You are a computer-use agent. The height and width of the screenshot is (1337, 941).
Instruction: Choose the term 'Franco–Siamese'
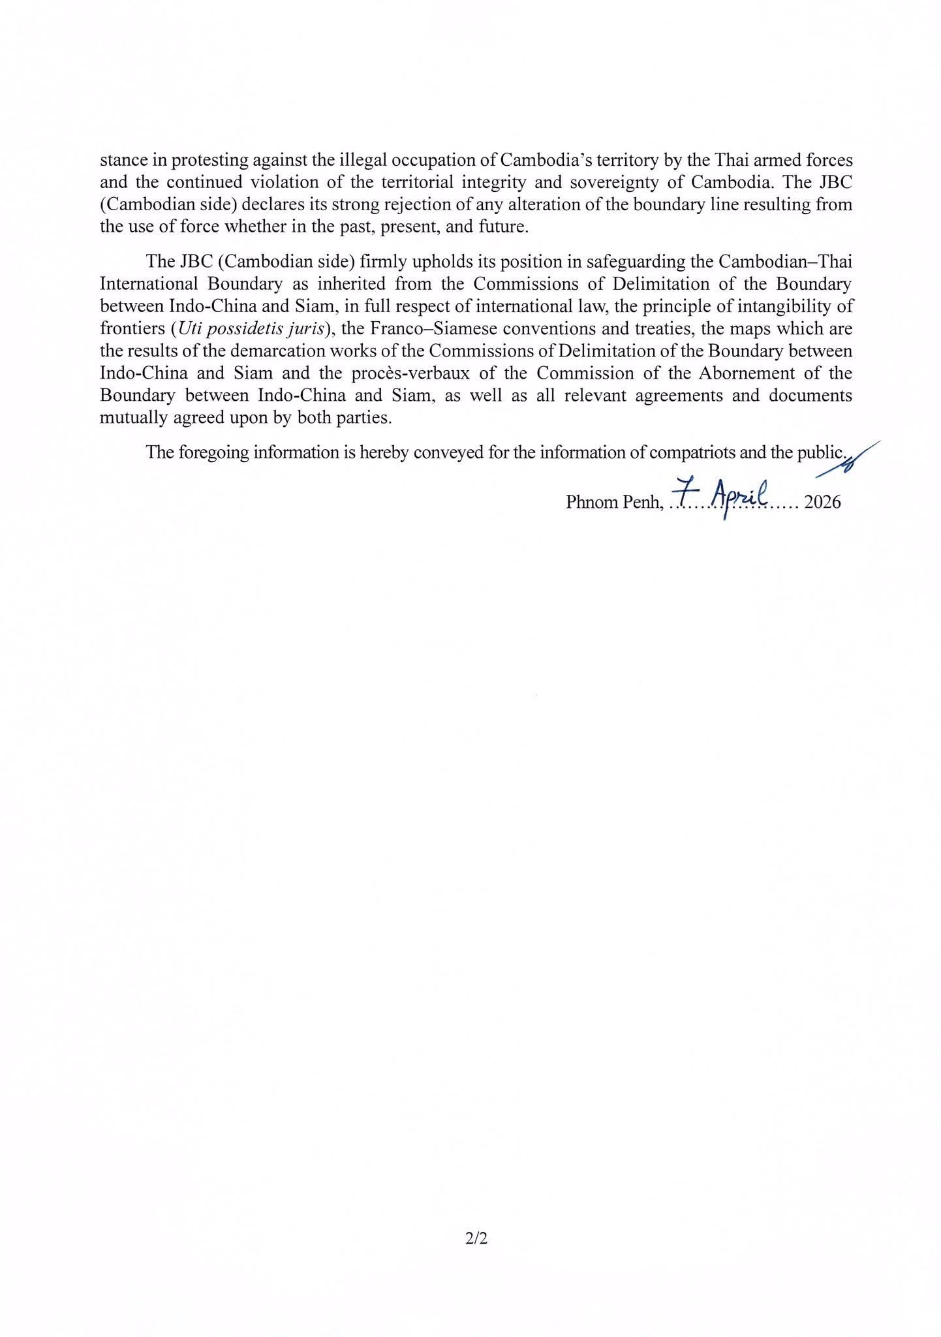(x=406, y=329)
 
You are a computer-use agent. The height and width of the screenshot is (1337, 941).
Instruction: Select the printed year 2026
(x=822, y=502)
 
